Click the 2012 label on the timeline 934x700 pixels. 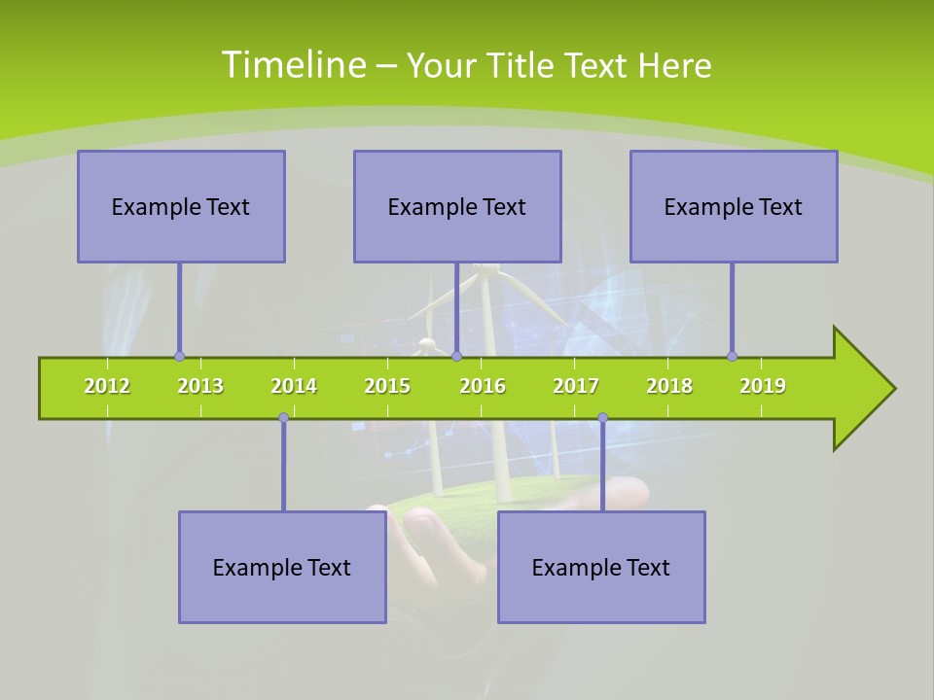[107, 386]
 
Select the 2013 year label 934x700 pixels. [200, 386]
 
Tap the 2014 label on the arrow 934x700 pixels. [294, 386]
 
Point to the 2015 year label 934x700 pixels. [387, 386]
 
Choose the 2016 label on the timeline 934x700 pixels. [483, 386]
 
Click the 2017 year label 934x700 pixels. [576, 386]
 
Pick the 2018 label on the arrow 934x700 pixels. [669, 386]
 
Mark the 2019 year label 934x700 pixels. [763, 386]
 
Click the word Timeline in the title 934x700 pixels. [292, 65]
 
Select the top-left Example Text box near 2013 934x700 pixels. [181, 206]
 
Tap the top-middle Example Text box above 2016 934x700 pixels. [457, 206]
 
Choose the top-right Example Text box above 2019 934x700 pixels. [734, 206]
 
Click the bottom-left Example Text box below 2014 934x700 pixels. [282, 567]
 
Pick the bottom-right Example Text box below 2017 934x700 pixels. [601, 567]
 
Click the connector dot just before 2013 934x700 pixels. [179, 356]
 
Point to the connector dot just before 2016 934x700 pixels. [456, 356]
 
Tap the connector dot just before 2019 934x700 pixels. [732, 356]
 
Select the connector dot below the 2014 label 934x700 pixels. [283, 417]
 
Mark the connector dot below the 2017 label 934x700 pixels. [602, 417]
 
